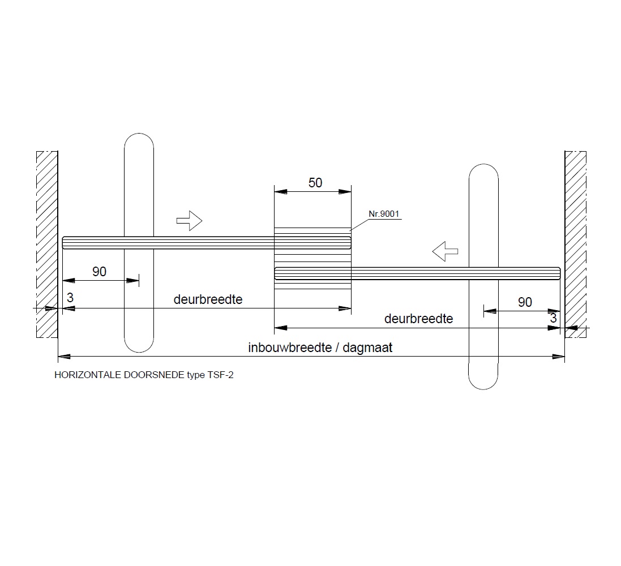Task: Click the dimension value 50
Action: tap(315, 183)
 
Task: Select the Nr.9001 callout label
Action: tap(384, 214)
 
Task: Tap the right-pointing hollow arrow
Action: tap(189, 221)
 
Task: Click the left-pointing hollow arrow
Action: tap(445, 251)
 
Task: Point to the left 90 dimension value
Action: tap(100, 271)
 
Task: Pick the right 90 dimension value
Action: tap(525, 302)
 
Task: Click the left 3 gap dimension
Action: tap(70, 298)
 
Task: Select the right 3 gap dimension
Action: tap(553, 318)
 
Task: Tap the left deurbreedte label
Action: tap(208, 299)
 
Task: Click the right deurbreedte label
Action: tap(418, 319)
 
